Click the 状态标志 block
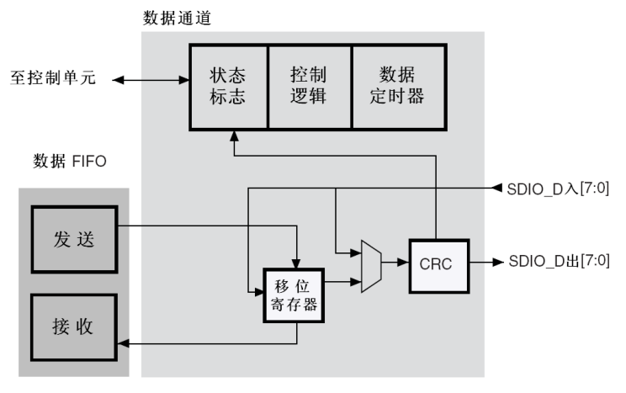pyautogui.click(x=228, y=86)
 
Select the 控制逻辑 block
pyautogui.click(x=309, y=86)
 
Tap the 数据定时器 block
pyautogui.click(x=396, y=86)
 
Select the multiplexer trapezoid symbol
pyautogui.click(x=370, y=265)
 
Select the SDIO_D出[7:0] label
pyautogui.click(x=558, y=262)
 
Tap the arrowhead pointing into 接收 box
pyautogui.click(x=122, y=344)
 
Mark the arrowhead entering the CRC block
pyautogui.click(x=405, y=263)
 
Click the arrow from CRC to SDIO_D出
pyautogui.click(x=484, y=263)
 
